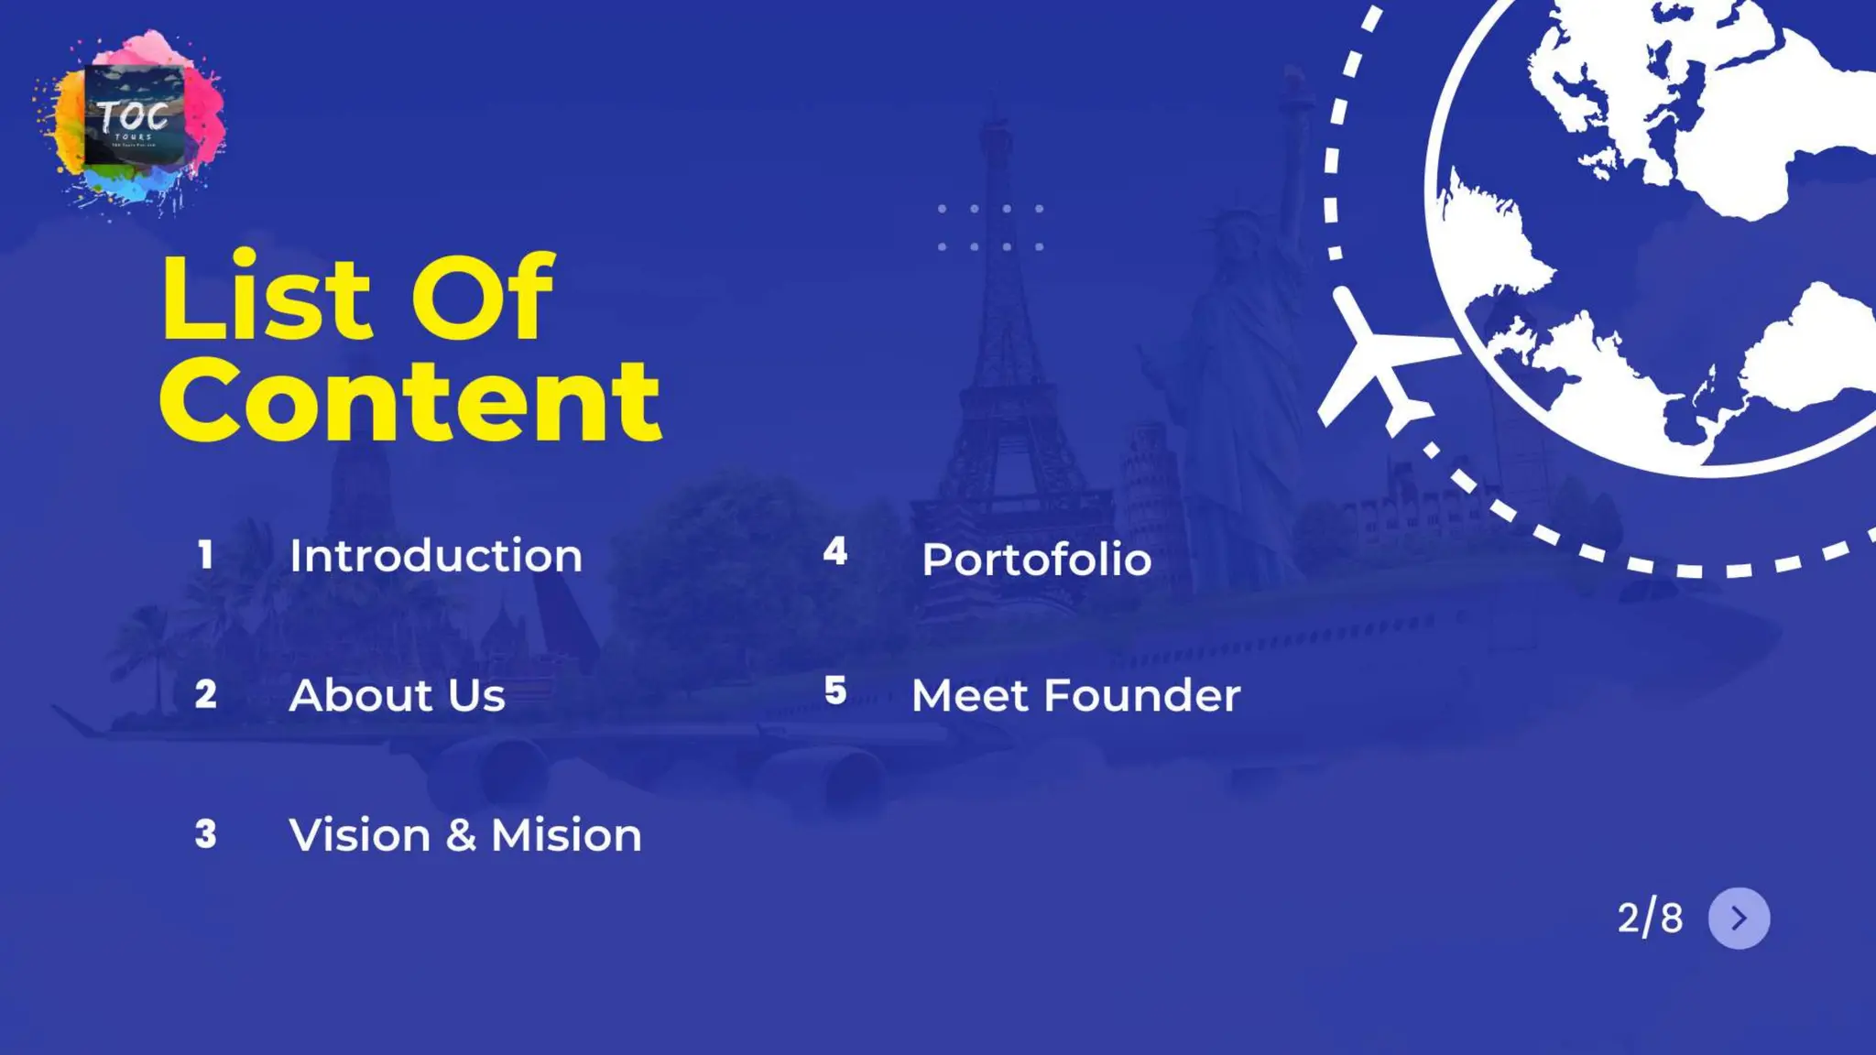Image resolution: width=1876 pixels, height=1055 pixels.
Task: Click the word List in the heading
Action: click(x=266, y=299)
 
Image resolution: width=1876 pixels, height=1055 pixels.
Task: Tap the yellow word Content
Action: click(x=409, y=401)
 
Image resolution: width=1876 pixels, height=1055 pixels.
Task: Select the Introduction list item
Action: click(x=435, y=556)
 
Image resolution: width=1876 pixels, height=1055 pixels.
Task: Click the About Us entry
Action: click(x=397, y=695)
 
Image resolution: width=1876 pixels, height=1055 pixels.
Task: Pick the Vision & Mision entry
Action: click(x=465, y=835)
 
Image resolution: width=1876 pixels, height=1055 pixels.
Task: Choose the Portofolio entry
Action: click(x=1036, y=560)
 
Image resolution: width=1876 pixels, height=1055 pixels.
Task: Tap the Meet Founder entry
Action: click(x=1075, y=695)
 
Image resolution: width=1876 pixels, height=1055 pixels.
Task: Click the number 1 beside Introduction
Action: click(x=205, y=555)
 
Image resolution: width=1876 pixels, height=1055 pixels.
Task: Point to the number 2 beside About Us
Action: click(x=206, y=694)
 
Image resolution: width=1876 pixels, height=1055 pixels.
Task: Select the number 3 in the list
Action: click(x=206, y=834)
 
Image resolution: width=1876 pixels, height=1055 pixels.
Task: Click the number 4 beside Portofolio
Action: click(x=834, y=551)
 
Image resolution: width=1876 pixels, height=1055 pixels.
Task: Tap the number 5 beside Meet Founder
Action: click(x=834, y=691)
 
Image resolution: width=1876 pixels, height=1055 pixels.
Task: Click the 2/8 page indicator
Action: click(x=1650, y=919)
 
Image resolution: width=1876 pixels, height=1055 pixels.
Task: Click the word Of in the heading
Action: click(x=482, y=299)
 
